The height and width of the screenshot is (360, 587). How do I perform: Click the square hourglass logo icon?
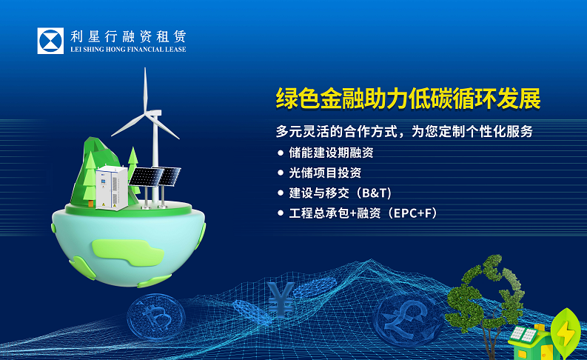(50, 41)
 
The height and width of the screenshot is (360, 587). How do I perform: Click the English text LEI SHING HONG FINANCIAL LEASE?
(128, 50)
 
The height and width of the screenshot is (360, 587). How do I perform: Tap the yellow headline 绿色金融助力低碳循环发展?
(409, 99)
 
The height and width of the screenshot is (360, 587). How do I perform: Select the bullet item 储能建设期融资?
(332, 153)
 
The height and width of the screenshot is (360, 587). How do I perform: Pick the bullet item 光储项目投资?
(325, 173)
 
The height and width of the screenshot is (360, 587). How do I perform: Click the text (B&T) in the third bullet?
(373, 193)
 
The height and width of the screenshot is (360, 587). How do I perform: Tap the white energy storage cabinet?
(112, 187)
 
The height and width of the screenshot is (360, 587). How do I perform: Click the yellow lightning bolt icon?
(566, 333)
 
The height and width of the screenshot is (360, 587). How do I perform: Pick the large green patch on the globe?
(127, 253)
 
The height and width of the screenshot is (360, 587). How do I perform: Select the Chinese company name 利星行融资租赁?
(128, 37)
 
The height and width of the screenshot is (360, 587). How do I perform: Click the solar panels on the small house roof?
(524, 334)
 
